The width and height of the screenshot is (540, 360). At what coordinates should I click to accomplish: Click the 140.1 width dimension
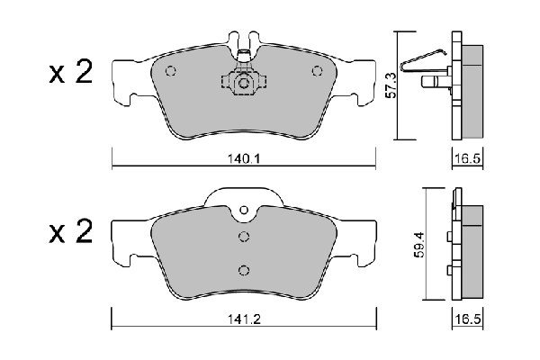pyautogui.click(x=244, y=159)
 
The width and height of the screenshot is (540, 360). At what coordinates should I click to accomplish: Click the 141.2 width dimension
pyautogui.click(x=244, y=319)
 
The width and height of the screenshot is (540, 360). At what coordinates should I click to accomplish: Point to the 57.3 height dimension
pyautogui.click(x=391, y=85)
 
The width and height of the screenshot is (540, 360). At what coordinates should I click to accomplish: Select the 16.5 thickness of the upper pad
pyautogui.click(x=467, y=158)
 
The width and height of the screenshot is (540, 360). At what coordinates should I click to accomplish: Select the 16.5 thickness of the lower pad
pyautogui.click(x=467, y=319)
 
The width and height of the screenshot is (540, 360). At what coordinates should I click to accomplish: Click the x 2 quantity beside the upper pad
pyautogui.click(x=70, y=72)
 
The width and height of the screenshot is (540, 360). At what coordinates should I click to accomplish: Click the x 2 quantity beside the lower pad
pyautogui.click(x=70, y=231)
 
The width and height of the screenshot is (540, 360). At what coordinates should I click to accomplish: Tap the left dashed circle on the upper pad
pyautogui.click(x=171, y=71)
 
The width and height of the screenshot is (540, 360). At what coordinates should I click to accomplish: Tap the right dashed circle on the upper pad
pyautogui.click(x=317, y=71)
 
